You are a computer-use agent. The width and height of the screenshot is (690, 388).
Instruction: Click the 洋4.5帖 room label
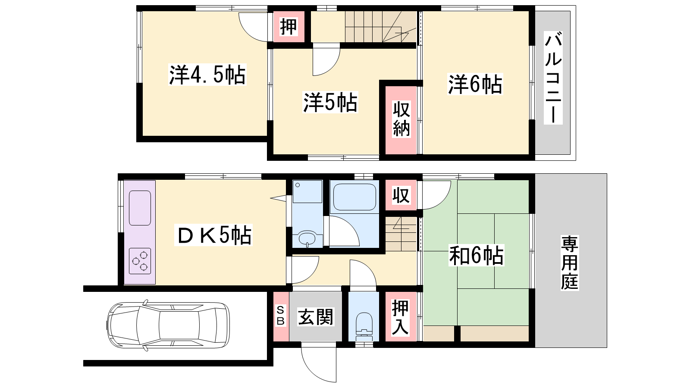point(207,75)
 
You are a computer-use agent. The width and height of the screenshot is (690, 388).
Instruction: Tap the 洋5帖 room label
point(330,102)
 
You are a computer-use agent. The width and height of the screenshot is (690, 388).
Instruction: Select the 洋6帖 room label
point(475,84)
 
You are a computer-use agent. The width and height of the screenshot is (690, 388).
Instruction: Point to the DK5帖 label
point(213,235)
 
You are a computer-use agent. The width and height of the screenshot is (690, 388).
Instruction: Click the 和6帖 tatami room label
point(477,256)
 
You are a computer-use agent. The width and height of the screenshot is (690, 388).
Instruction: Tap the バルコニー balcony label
point(553,78)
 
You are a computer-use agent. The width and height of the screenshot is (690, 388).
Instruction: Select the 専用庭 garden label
point(570,263)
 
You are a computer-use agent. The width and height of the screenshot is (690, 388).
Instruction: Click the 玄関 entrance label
point(315,317)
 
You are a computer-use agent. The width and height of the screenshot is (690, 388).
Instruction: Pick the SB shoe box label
point(281,316)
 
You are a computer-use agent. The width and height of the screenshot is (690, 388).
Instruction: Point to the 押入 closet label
point(400,317)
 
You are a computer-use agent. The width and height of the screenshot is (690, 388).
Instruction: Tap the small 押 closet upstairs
point(289,26)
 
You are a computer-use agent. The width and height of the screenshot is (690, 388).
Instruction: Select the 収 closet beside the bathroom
point(401,195)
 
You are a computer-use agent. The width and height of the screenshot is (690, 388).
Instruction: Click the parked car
point(168,325)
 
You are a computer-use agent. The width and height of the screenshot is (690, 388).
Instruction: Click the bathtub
point(354,197)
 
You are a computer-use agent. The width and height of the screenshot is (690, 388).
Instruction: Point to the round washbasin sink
point(307,238)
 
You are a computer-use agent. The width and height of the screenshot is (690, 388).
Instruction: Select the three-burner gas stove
point(140,261)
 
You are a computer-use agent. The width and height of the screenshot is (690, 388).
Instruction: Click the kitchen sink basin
point(140,208)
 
